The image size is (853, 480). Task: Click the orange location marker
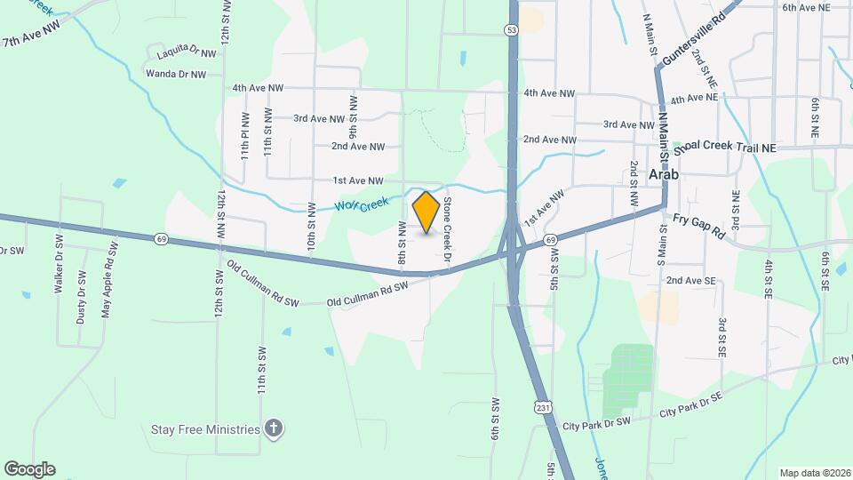point(426,212)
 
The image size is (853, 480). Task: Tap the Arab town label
point(664,174)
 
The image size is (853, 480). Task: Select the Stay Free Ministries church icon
point(275,429)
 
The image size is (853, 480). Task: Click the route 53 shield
point(511,30)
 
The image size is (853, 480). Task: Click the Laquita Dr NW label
point(187,54)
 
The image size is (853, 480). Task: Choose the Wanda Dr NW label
point(176,74)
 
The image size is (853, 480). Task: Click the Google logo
point(28,468)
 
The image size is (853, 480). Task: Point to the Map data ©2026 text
point(814,473)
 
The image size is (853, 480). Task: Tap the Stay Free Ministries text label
point(204,430)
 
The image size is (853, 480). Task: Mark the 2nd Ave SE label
point(691,281)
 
